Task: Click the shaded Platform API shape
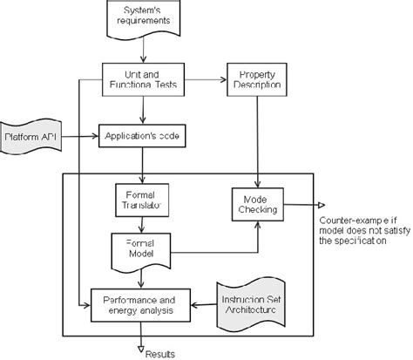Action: (x=30, y=137)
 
